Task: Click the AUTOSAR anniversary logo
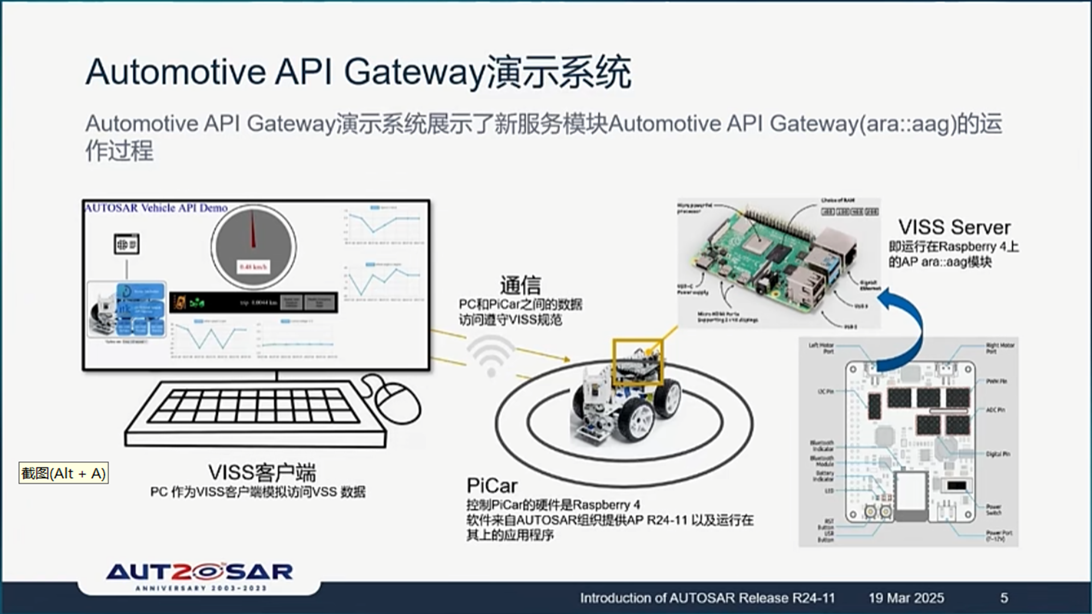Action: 199,576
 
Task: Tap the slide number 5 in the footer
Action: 1004,598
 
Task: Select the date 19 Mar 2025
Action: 906,598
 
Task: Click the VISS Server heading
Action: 954,228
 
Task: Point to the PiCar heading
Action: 492,486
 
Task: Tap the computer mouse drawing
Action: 397,400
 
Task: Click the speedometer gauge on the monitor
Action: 253,247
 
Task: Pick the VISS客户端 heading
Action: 262,473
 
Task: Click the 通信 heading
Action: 520,285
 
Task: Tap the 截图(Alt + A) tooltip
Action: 63,473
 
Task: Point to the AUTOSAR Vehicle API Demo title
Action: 156,208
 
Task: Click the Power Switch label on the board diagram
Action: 994,510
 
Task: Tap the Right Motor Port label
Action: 999,348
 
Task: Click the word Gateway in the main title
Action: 414,72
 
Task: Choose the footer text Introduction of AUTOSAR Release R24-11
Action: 707,598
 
